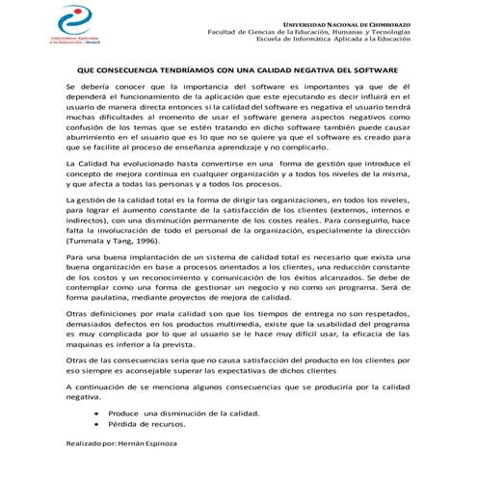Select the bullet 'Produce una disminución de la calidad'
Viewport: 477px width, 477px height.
coord(177,412)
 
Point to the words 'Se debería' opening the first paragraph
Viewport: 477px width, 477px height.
coord(85,88)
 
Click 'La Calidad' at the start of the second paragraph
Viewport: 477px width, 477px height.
coord(85,165)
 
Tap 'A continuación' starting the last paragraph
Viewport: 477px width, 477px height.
coord(94,386)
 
